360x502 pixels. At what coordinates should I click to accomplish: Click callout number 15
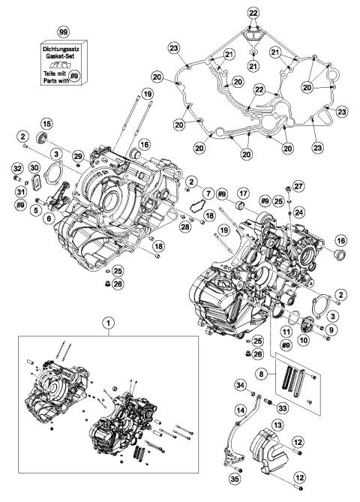point(46,124)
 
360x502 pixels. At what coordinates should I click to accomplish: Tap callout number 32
point(16,168)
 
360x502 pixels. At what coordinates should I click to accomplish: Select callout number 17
point(244,196)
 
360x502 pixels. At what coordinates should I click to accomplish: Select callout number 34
point(240,386)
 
